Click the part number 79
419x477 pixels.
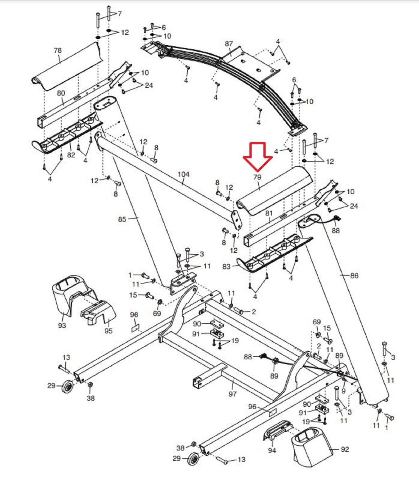257,177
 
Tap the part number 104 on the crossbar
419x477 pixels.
184,174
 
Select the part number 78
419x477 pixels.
58,50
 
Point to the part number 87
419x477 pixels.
229,44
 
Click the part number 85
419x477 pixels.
122,219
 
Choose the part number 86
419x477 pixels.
354,276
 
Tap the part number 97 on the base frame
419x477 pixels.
232,394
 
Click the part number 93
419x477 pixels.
62,325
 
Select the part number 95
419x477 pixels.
108,331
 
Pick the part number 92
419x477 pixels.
345,449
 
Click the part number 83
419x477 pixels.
226,266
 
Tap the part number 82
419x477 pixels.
71,155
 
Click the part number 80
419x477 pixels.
61,93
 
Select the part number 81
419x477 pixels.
269,213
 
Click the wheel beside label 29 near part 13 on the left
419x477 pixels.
68,387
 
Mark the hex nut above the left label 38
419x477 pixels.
90,385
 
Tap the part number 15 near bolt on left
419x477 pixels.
133,295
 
